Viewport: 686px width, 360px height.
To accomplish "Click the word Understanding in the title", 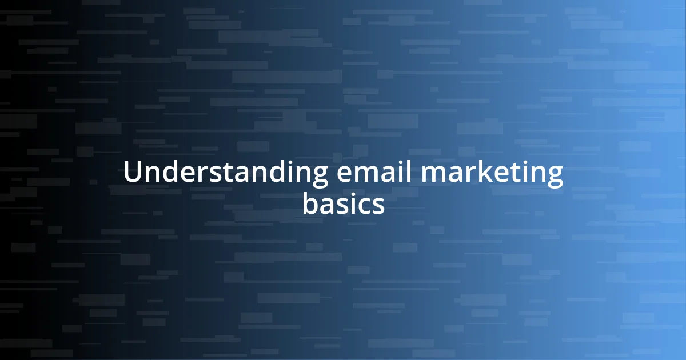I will (x=225, y=173).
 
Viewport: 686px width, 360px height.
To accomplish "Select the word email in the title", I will (x=374, y=173).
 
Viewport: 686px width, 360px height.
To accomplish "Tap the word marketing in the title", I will (x=493, y=174).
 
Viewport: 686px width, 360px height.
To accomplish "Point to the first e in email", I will (x=343, y=174).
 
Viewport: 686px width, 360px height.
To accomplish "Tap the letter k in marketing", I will (x=486, y=172).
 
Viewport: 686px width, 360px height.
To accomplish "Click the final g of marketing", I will (x=554, y=177).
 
